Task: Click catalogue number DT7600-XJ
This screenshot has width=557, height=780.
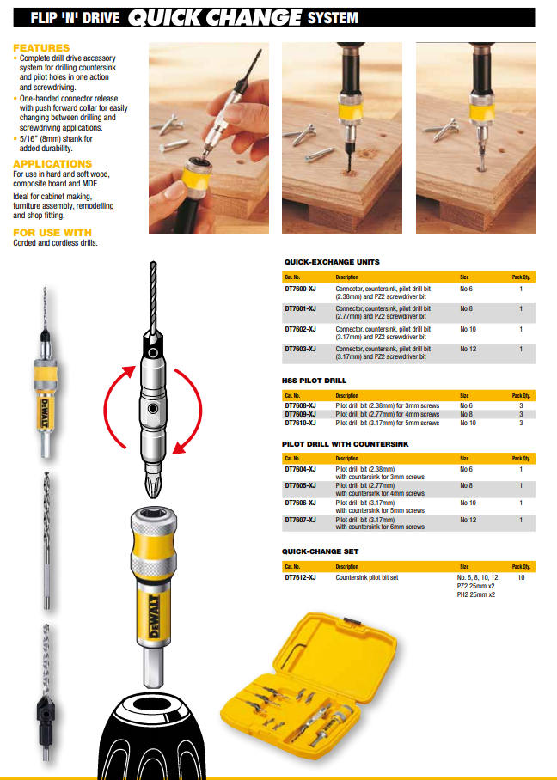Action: tap(300, 288)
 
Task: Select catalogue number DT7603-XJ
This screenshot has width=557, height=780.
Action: tap(300, 349)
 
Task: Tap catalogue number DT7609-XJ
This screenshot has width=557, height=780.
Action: tap(300, 414)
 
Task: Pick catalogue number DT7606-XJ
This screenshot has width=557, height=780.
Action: tap(300, 503)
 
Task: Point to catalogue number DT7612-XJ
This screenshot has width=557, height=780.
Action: tap(300, 578)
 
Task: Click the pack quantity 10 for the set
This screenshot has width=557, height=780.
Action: tap(521, 578)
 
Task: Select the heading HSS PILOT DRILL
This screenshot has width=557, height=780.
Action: tap(315, 380)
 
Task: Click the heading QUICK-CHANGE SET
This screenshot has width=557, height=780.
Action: tap(321, 551)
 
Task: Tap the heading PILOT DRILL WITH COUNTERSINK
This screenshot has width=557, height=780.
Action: tap(345, 443)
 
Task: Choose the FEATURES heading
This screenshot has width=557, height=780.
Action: tap(41, 47)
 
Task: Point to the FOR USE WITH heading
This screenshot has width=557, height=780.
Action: tap(52, 233)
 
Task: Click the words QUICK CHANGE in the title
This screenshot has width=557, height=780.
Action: tap(214, 17)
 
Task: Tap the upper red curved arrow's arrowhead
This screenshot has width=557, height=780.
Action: tap(129, 370)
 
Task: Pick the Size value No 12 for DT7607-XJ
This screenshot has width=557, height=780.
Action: tap(467, 521)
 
